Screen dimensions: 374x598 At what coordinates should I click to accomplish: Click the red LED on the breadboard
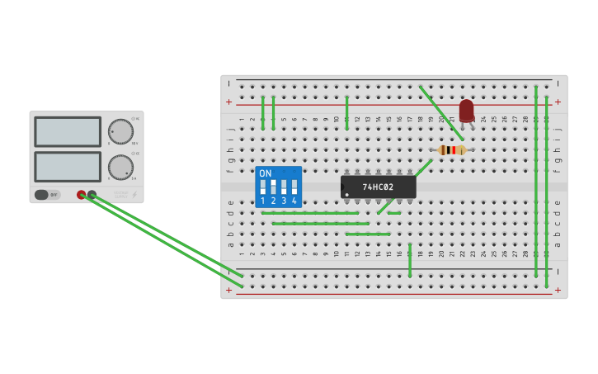[x=467, y=111]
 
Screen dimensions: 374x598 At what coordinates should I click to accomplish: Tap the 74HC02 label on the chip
[x=378, y=187]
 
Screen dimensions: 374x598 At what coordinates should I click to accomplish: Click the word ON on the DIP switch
[x=265, y=173]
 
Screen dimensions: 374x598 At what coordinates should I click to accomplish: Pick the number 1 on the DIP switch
[x=263, y=201]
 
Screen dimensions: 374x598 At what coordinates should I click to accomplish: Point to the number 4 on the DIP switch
[x=294, y=201]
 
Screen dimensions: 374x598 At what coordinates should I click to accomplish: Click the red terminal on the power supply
[x=81, y=195]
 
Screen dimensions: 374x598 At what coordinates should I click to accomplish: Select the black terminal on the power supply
[x=92, y=195]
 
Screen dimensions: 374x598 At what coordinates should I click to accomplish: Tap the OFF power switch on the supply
[x=47, y=195]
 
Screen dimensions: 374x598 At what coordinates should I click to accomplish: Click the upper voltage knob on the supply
[x=120, y=131]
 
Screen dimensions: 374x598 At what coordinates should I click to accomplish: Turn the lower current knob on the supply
[x=120, y=168]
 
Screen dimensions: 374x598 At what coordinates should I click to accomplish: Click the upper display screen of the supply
[x=68, y=131]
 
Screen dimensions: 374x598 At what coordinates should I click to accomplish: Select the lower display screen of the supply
[x=68, y=166]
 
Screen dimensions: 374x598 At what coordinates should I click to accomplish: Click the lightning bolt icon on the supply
[x=134, y=196]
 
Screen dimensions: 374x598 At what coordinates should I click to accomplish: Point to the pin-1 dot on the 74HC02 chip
[x=347, y=195]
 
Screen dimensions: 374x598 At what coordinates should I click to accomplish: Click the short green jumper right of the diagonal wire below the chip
[x=394, y=213]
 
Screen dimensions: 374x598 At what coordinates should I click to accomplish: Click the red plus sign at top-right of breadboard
[x=558, y=102]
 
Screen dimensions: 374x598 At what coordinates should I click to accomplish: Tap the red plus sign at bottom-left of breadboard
[x=229, y=290]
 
